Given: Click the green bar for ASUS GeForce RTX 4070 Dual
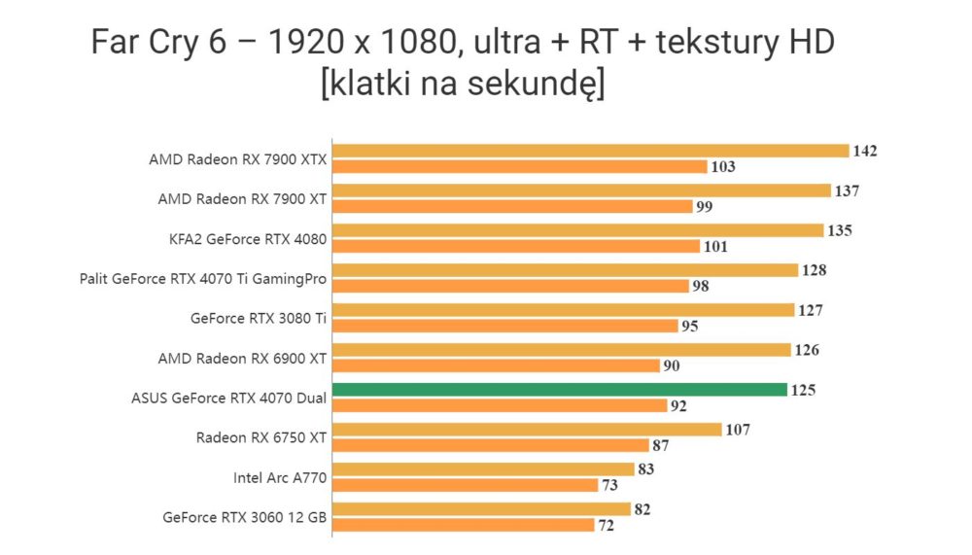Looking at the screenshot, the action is [560, 390].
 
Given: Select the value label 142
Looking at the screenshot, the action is [865, 151].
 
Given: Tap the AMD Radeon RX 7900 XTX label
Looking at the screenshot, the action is [237, 159].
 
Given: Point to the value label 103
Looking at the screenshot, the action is [723, 166].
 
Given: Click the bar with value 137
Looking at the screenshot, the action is [581, 191].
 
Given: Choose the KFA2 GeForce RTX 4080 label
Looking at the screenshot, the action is [247, 239].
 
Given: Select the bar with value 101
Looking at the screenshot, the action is [516, 246].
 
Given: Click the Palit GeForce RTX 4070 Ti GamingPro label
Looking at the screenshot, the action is [203, 279].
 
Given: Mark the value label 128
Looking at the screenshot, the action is [814, 270].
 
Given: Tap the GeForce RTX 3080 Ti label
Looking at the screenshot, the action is [258, 318].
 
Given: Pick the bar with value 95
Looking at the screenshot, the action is [505, 326].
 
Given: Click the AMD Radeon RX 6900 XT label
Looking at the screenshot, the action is [242, 359].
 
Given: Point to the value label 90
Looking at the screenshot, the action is [672, 365].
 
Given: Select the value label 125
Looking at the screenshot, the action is [803, 390].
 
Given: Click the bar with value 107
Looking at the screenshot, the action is [527, 429].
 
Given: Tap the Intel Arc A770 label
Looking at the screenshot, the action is [280, 477].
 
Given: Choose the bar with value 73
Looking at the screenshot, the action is [465, 485].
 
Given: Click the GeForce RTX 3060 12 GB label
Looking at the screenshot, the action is [244, 517].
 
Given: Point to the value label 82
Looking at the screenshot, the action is [642, 509].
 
